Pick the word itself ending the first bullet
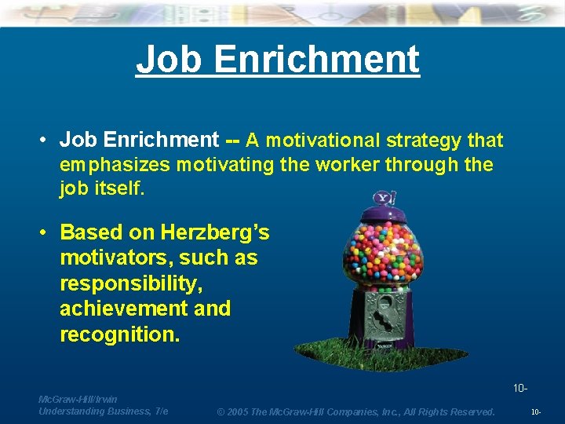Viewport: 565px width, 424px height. click(x=118, y=189)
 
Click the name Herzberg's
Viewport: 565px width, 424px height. click(x=215, y=232)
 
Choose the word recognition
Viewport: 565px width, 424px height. click(x=119, y=334)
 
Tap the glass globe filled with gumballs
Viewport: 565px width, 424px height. click(x=383, y=255)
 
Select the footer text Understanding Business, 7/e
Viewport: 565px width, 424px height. click(x=103, y=411)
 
